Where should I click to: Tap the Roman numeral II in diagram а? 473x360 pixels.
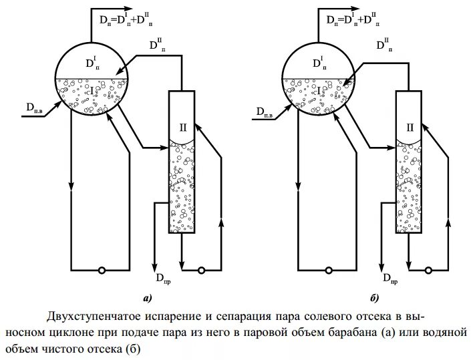click(x=183, y=126)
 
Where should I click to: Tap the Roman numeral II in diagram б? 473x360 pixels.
click(x=410, y=126)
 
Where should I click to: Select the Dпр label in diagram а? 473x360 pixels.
click(x=163, y=279)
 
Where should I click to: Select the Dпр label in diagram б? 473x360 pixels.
click(x=390, y=279)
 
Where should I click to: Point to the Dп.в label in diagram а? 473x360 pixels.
click(x=37, y=108)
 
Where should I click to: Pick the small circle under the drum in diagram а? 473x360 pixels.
click(x=102, y=271)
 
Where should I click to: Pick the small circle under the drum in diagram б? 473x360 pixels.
click(x=329, y=271)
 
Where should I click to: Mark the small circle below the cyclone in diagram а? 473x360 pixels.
click(x=201, y=271)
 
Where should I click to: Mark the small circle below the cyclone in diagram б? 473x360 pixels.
click(x=428, y=271)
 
